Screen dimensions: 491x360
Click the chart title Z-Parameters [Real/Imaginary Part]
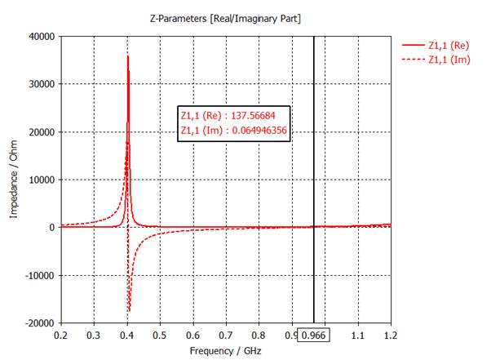pos(225,19)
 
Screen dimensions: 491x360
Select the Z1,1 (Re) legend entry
pos(436,46)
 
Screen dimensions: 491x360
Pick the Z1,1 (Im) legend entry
pos(436,60)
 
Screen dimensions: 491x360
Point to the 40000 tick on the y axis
pos(42,37)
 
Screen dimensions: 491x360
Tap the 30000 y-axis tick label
pos(42,84)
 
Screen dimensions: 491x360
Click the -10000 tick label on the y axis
pos(40,275)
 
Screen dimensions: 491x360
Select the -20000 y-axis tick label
pos(40,323)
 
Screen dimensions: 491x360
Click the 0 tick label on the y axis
pos(52,228)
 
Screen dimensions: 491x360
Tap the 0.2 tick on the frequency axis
pos(60,336)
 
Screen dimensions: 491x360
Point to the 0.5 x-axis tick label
pos(160,336)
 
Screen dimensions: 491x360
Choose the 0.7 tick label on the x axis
pos(226,336)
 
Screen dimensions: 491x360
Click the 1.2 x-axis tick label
pos(391,336)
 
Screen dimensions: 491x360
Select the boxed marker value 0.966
pos(313,336)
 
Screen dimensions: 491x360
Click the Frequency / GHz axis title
pos(225,351)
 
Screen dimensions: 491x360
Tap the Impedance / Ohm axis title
pos(14,180)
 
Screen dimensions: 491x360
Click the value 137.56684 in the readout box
pos(253,116)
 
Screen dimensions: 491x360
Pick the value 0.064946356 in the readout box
pos(259,130)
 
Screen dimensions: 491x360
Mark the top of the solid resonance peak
pos(128,56)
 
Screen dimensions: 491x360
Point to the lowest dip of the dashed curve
pos(130,311)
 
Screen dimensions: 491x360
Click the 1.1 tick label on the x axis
pos(357,336)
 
